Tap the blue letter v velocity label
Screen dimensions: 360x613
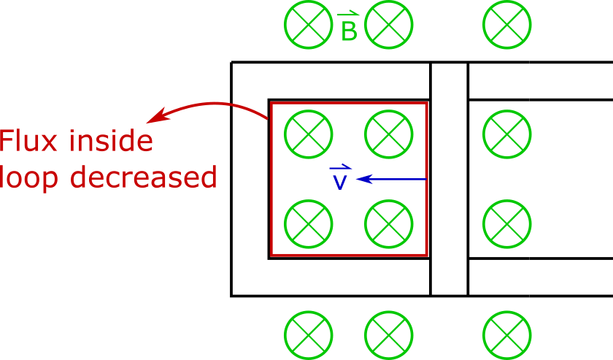pyautogui.click(x=339, y=182)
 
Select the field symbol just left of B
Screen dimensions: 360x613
pyautogui.click(x=309, y=25)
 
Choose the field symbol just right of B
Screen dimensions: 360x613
pyautogui.click(x=389, y=25)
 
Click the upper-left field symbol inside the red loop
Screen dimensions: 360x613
pyautogui.click(x=309, y=134)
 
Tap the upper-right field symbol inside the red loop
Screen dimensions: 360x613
pyautogui.click(x=389, y=134)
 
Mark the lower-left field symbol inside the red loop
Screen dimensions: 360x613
pyautogui.click(x=309, y=224)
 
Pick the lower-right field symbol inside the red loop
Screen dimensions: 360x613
pyautogui.click(x=389, y=224)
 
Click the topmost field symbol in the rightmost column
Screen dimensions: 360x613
pyautogui.click(x=507, y=25)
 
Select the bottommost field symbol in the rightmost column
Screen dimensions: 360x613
pyautogui.click(x=507, y=335)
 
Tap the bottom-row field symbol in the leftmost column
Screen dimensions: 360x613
pyautogui.click(x=309, y=335)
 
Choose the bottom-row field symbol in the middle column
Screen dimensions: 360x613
pyautogui.click(x=389, y=335)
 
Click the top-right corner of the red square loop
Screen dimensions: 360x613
pyautogui.click(x=426, y=103)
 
